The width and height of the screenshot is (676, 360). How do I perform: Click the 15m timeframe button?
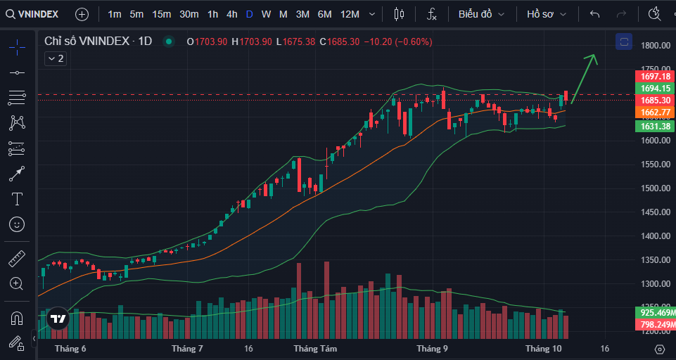(161, 14)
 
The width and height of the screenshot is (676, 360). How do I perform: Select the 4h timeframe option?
(232, 14)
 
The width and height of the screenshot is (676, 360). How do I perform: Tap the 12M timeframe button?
(350, 14)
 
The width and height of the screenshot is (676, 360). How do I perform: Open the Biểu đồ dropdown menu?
(481, 14)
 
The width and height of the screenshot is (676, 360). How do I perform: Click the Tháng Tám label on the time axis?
(315, 349)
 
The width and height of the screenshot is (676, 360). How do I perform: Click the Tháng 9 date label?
(432, 349)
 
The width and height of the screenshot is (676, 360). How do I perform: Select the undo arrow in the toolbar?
(595, 14)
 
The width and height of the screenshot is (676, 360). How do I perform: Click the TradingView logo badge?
(58, 319)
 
